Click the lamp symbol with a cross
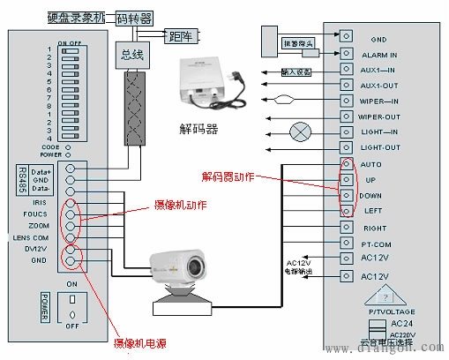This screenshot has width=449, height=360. coord(303,132)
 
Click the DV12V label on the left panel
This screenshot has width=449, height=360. coord(35,250)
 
